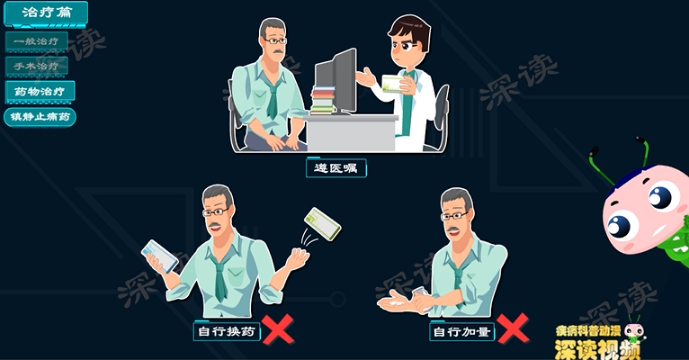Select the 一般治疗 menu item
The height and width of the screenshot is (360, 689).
pos(37,41)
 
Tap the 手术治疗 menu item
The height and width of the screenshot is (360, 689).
pos(37,66)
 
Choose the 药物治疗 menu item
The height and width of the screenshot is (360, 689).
pos(40,91)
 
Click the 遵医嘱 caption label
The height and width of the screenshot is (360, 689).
pos(336,168)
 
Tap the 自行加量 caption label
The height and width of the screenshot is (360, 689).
pos(462,332)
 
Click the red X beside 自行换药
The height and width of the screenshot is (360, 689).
pos(279,330)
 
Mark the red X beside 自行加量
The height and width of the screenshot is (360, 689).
pos(513,330)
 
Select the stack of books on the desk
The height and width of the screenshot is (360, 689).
pos(322,99)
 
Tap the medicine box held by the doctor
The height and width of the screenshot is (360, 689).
pos(394,83)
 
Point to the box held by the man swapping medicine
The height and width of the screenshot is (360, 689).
pos(160,255)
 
